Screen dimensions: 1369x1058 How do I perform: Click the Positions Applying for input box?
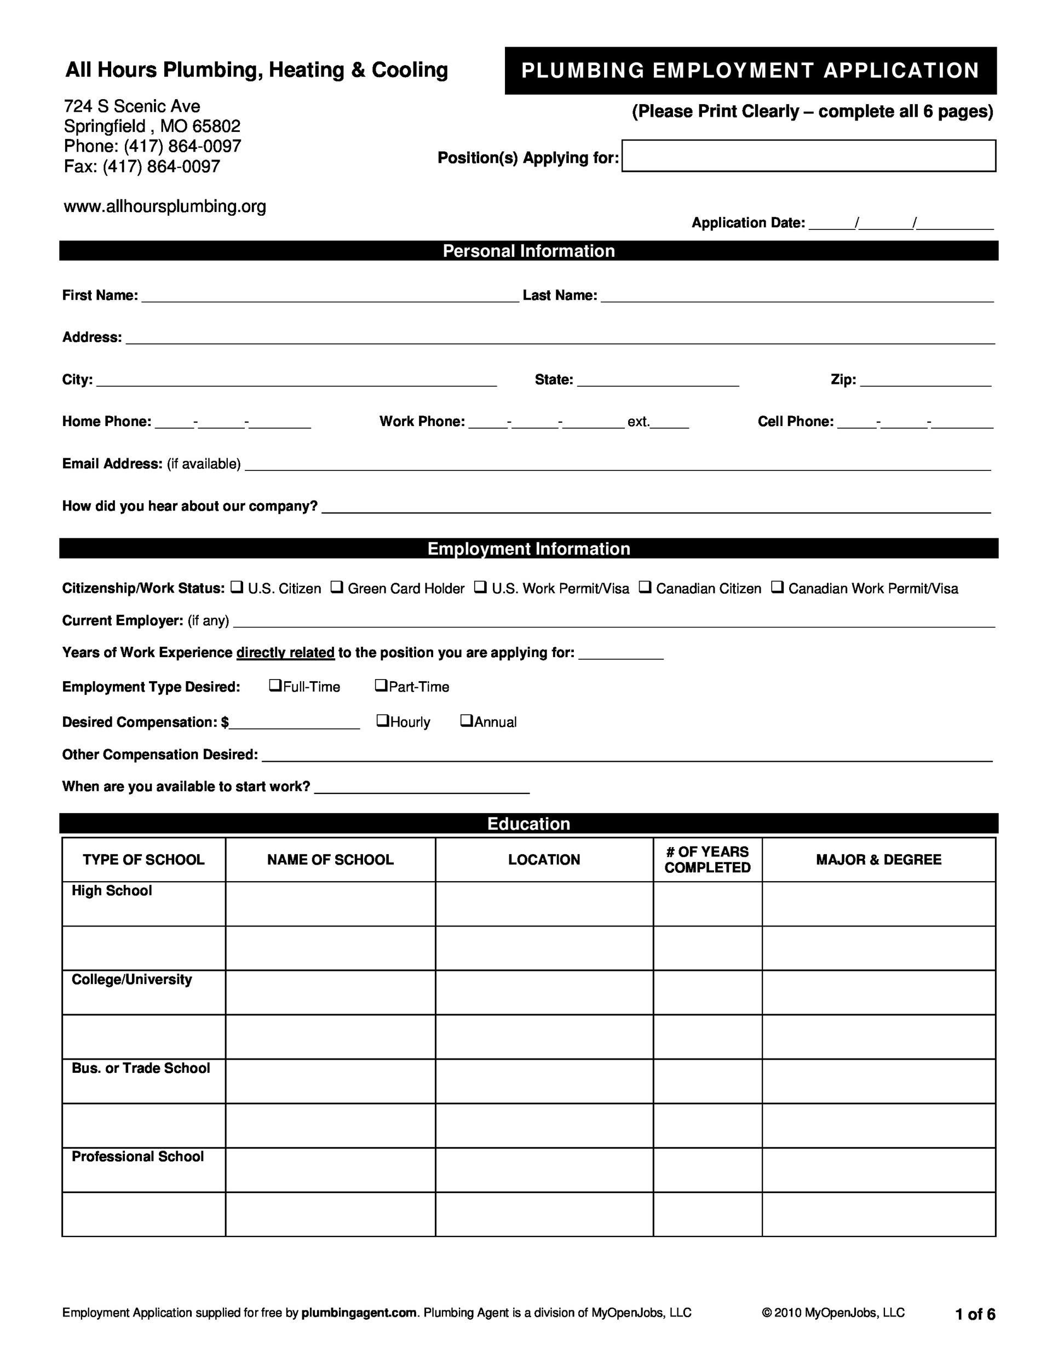tap(808, 156)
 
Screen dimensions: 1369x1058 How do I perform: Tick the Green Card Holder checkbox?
tap(337, 588)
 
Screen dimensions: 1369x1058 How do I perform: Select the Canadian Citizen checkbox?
tap(645, 588)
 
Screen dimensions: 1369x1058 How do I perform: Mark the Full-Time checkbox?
tap(274, 685)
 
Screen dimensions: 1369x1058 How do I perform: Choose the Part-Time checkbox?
tap(381, 685)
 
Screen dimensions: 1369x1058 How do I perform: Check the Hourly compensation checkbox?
tap(382, 720)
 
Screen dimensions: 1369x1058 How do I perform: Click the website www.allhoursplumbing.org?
tap(165, 206)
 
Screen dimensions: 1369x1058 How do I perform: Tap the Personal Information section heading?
tap(528, 251)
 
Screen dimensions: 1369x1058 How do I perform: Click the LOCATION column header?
tap(544, 859)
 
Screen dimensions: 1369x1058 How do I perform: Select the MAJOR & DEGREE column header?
tap(878, 859)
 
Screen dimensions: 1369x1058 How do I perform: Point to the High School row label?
tap(112, 891)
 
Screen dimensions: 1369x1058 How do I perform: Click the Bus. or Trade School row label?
tap(140, 1068)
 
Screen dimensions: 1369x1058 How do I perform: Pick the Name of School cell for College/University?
tap(330, 992)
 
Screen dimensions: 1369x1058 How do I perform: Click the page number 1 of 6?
tap(975, 1314)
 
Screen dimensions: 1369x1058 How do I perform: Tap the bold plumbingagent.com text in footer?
tap(359, 1313)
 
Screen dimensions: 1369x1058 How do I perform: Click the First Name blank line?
tap(330, 296)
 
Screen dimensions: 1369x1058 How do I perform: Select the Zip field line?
tap(925, 380)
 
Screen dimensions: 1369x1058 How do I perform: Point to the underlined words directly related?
tap(285, 653)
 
